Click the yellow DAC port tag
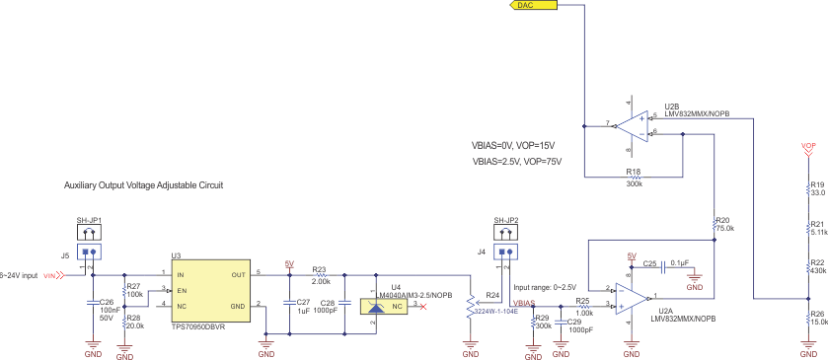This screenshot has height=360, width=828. (533, 6)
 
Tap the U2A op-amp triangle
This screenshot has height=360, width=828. (628, 296)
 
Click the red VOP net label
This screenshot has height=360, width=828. (808, 146)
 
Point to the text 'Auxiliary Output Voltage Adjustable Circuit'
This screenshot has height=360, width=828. (143, 184)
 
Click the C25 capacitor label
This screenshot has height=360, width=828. (650, 263)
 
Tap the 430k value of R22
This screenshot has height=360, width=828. (817, 271)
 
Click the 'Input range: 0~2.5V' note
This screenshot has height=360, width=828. (546, 286)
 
